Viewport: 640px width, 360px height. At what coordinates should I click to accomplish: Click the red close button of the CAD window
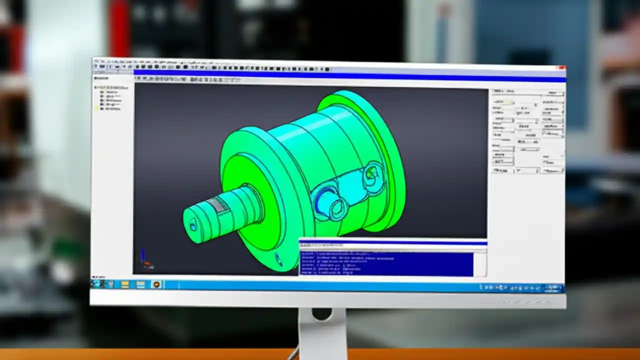click(x=561, y=67)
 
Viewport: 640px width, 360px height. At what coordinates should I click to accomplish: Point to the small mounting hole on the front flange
click(x=278, y=258)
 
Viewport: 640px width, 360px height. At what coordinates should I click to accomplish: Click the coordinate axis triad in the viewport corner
click(x=145, y=259)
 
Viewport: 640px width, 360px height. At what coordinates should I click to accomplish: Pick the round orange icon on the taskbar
click(x=156, y=284)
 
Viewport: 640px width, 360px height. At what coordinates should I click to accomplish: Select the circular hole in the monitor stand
click(x=322, y=314)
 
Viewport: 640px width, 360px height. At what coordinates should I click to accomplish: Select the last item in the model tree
click(x=111, y=108)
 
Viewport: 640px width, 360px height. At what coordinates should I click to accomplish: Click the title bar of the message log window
click(x=392, y=244)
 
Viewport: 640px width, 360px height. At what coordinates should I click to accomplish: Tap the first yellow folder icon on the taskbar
click(x=125, y=284)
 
